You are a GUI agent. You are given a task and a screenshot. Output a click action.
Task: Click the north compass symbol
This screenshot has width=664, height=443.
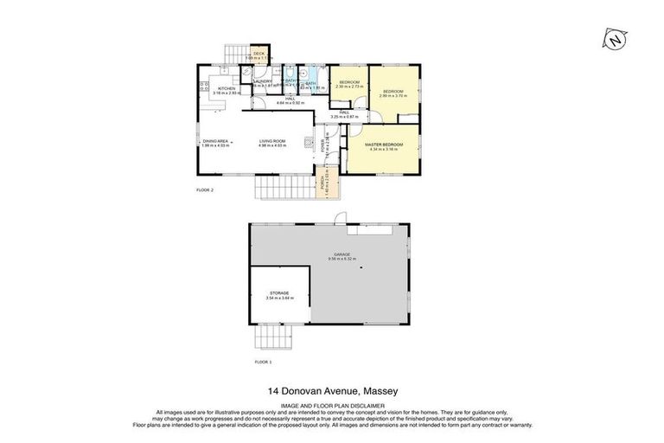click(614, 40)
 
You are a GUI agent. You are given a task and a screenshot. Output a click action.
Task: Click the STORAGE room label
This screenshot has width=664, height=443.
click(278, 293)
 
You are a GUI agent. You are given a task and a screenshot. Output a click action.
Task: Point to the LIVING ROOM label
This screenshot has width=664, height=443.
click(272, 141)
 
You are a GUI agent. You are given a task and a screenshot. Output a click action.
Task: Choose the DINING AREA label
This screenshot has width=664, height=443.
click(215, 141)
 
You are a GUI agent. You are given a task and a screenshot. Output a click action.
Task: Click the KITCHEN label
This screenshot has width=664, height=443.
click(227, 88)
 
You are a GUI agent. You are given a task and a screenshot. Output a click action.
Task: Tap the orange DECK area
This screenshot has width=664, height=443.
click(259, 55)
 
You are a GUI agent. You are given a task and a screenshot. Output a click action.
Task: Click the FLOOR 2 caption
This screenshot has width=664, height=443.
click(205, 189)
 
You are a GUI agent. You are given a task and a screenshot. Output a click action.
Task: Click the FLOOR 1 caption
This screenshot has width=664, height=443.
click(264, 361)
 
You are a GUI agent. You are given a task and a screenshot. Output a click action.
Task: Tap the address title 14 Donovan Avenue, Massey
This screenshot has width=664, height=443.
click(332, 390)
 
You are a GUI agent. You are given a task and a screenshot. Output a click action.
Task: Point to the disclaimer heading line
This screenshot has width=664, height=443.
click(332, 404)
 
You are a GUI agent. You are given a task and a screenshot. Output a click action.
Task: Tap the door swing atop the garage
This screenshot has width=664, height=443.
click(341, 217)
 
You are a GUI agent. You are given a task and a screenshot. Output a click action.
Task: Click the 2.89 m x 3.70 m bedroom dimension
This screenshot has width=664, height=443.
click(393, 94)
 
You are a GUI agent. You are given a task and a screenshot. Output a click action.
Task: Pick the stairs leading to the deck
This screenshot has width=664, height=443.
click(232, 55)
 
